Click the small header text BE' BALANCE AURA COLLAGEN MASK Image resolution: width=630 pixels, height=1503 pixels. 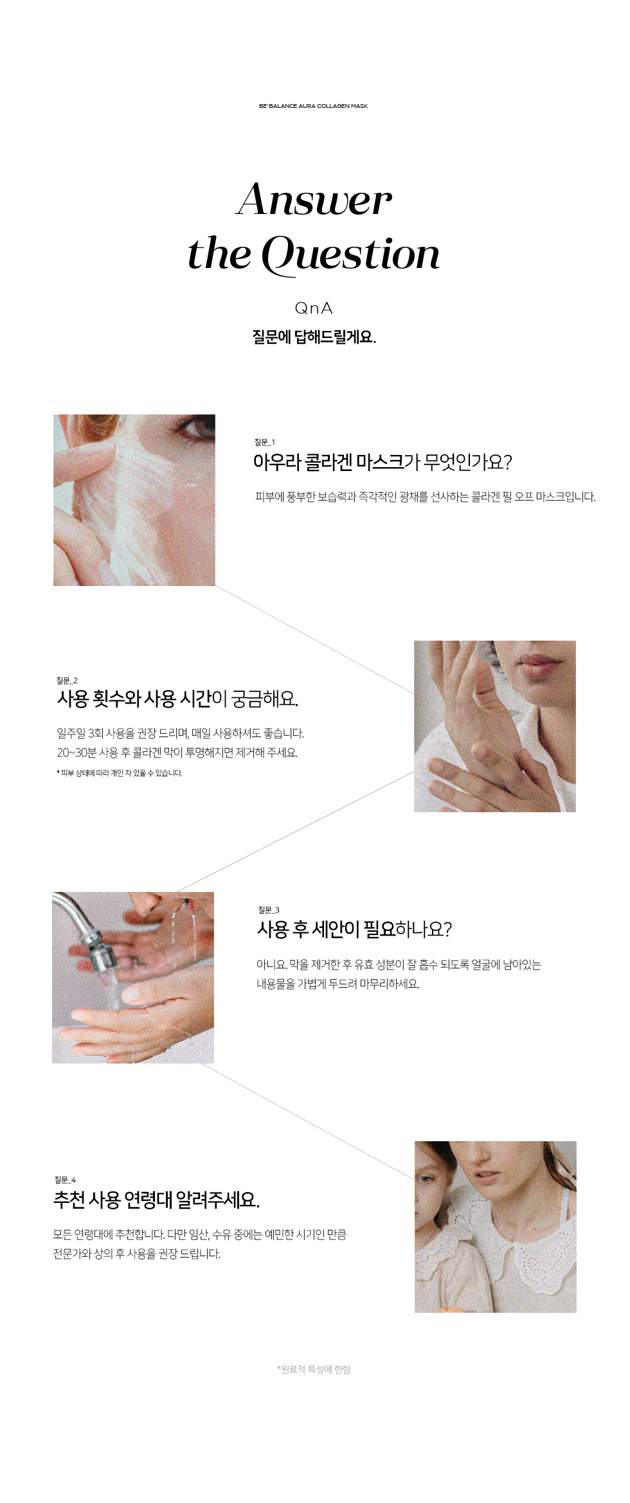pyautogui.click(x=313, y=106)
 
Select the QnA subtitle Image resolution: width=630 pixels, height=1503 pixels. pyautogui.click(x=314, y=308)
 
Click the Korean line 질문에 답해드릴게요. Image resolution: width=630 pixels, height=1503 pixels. pyautogui.click(x=314, y=337)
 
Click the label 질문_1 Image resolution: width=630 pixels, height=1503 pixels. pyautogui.click(x=264, y=442)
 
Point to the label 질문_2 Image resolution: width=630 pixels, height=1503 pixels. pyautogui.click(x=67, y=680)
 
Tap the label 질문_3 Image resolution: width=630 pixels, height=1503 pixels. pyautogui.click(x=269, y=910)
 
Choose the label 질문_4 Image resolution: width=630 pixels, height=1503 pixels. pyautogui.click(x=65, y=1180)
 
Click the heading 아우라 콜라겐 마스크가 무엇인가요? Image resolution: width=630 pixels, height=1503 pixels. pyautogui.click(x=382, y=462)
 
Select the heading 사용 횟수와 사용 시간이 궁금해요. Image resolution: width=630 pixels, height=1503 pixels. pyautogui.click(x=177, y=698)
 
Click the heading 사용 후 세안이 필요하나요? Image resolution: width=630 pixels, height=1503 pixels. pyautogui.click(x=354, y=929)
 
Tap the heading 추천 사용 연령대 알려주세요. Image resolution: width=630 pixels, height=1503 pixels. pyautogui.click(x=156, y=1200)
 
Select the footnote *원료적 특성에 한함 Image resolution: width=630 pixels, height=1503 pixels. pyautogui.click(x=314, y=1369)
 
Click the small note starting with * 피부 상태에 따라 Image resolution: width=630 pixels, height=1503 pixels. pyautogui.click(x=120, y=773)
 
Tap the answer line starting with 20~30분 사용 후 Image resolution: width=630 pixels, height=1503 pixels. pyautogui.click(x=177, y=752)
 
